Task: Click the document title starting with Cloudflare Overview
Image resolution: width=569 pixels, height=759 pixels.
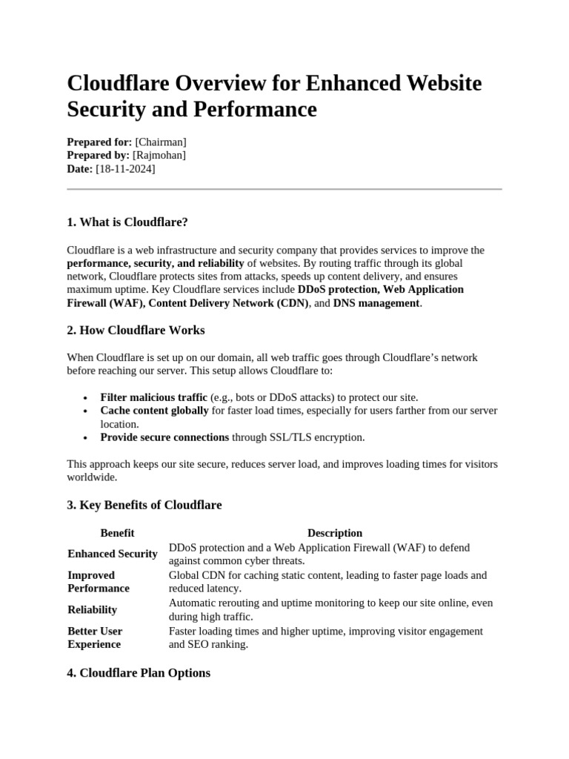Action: (x=274, y=96)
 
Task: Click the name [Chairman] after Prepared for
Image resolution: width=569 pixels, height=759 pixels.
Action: (x=161, y=142)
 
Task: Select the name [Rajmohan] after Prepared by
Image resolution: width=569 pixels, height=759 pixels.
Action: (x=159, y=155)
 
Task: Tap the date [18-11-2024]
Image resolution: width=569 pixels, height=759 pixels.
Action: (x=125, y=169)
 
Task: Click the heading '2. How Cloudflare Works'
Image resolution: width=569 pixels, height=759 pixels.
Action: (x=136, y=330)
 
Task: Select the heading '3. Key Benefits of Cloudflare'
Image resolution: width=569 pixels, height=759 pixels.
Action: (x=144, y=505)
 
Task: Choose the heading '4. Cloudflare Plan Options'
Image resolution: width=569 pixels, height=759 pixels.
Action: (x=139, y=673)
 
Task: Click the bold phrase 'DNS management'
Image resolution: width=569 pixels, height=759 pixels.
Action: (x=376, y=303)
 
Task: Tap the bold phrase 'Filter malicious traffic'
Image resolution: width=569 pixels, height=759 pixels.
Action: (x=154, y=397)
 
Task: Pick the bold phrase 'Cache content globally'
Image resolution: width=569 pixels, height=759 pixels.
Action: (x=154, y=411)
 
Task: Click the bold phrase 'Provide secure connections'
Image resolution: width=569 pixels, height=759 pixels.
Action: (x=164, y=437)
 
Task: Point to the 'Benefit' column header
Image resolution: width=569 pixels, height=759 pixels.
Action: (x=117, y=533)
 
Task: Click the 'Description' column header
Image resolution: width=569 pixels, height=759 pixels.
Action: (x=335, y=533)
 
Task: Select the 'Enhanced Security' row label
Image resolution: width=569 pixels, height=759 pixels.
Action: (x=113, y=554)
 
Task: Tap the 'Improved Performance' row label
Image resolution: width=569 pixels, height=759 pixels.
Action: (x=99, y=582)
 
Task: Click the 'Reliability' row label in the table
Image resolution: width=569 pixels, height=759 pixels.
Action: (x=93, y=609)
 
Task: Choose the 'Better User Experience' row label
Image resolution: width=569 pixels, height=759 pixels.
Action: (x=96, y=637)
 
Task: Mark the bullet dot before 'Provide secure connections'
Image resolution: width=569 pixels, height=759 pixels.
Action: (x=87, y=438)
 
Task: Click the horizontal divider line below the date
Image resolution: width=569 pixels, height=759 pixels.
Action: (x=284, y=189)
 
